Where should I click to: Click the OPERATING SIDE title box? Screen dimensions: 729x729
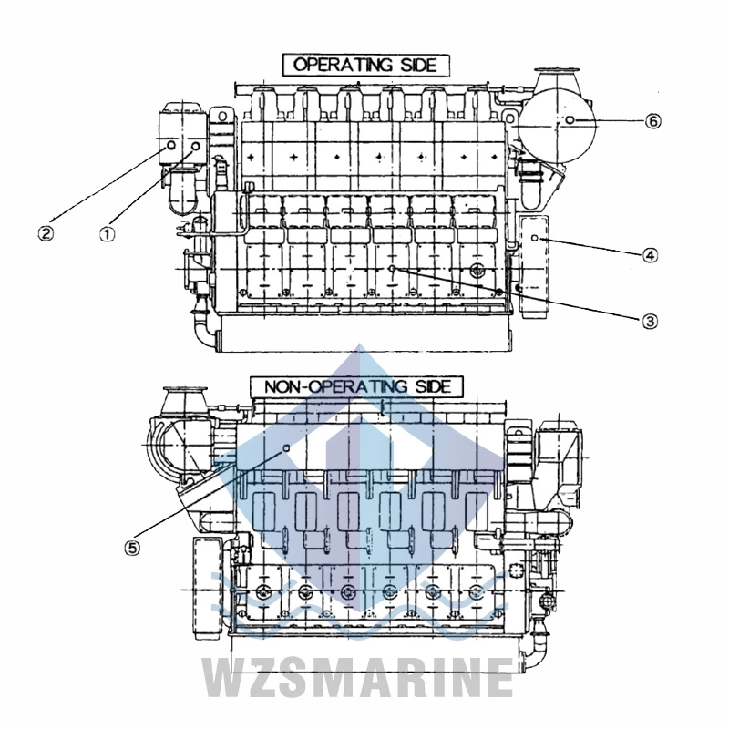(365, 64)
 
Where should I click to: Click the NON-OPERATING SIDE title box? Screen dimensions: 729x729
(357, 386)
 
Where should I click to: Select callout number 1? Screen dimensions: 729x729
(108, 231)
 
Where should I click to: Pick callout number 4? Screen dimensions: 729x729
(650, 255)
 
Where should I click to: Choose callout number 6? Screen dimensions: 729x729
(653, 121)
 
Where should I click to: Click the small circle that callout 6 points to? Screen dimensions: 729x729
(570, 121)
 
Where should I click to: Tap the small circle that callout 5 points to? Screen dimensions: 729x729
(285, 448)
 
